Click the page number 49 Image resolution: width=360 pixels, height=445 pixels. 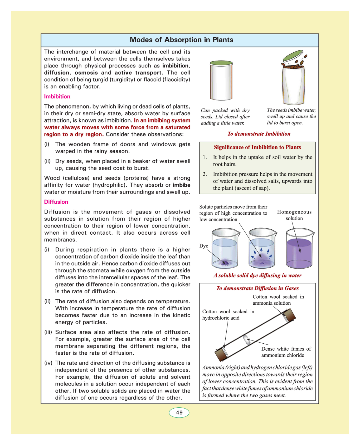pos(179,413)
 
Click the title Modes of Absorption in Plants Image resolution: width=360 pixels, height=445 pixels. pos(181,40)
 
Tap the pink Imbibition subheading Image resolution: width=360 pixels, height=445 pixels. pos(57,97)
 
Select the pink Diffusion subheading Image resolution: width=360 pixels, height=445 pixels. pos(56,202)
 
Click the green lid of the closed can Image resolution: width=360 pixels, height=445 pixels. pos(221,63)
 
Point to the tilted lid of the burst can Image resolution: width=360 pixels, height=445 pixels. pos(292,56)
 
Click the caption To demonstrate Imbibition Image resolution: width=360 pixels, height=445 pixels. pos(259,134)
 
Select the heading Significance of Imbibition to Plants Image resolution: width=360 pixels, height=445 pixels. pos(257,147)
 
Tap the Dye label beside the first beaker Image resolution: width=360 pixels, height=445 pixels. pos(204,246)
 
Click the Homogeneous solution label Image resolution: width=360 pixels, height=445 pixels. pos(294,215)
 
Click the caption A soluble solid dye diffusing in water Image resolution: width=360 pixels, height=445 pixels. pos(257,275)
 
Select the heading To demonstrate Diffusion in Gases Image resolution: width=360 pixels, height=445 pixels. pos(257,288)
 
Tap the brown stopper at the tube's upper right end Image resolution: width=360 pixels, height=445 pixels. pos(290,315)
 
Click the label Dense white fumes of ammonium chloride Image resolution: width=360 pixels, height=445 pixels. pos(286,352)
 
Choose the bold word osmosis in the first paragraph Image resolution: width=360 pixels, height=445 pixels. pos(86,73)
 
